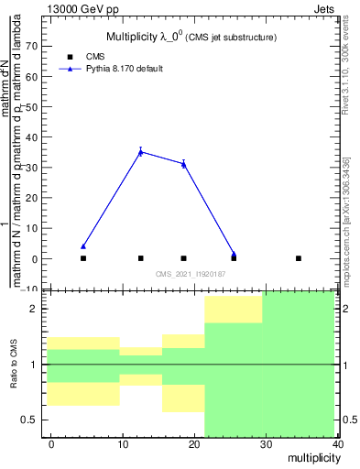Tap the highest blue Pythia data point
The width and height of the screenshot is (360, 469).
(140, 152)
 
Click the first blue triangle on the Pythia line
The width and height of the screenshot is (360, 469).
(83, 246)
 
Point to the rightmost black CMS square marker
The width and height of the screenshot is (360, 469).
(299, 258)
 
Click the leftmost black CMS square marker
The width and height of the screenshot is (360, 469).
(83, 258)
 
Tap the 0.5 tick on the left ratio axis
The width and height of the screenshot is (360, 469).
(36, 420)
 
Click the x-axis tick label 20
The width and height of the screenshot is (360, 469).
(194, 444)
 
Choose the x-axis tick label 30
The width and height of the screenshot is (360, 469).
(266, 444)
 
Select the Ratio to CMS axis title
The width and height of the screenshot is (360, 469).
(14, 365)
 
